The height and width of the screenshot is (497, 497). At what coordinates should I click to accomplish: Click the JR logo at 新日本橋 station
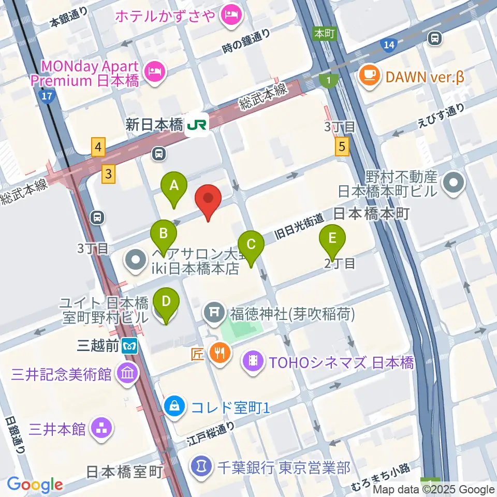[197, 125]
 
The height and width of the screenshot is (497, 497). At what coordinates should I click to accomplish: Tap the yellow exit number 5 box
[341, 147]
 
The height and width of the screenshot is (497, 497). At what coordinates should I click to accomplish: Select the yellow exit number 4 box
[98, 149]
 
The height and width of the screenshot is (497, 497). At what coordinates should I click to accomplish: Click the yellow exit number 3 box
[108, 173]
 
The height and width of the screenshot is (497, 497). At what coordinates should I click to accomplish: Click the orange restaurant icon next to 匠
[220, 354]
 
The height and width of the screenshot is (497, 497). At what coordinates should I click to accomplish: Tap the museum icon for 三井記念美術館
[127, 373]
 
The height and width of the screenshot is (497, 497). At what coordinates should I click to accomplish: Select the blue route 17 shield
[47, 96]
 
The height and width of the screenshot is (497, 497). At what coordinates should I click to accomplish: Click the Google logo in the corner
[35, 485]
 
